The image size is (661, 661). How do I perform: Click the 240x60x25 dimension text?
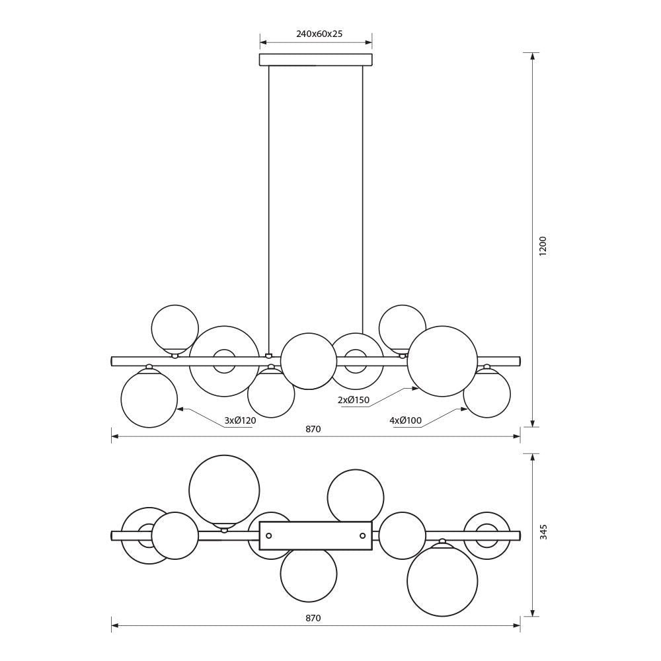tap(319, 34)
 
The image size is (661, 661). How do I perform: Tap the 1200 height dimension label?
tap(543, 247)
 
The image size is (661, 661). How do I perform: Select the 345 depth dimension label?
tap(543, 532)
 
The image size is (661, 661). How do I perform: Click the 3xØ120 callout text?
tap(240, 420)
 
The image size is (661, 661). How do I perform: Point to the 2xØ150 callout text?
tap(353, 400)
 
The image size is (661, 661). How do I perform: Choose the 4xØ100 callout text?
tap(406, 420)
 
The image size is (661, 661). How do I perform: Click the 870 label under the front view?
tap(313, 429)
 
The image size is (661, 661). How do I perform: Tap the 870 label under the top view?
tap(313, 619)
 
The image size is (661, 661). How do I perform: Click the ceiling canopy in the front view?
tap(316, 59)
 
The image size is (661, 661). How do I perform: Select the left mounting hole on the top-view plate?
tap(269, 536)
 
